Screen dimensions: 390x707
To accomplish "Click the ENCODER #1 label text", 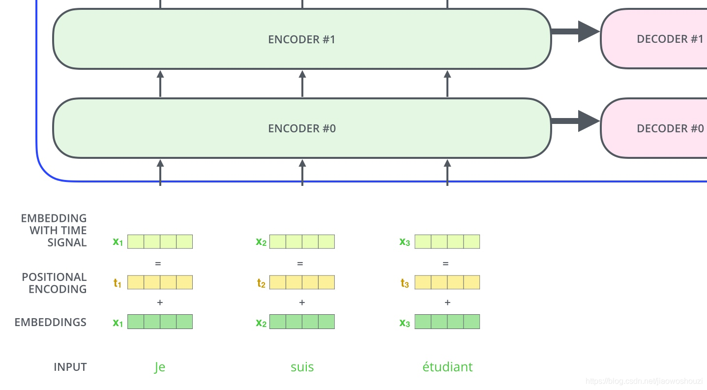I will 301,39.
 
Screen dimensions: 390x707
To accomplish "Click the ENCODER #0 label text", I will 301,129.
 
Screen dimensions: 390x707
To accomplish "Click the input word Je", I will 160,367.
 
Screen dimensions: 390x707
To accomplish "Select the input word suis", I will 302,367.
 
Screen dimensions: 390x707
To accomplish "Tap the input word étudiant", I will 447,367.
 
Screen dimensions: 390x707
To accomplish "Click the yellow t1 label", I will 118,283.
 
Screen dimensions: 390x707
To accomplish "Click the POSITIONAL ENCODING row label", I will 54,283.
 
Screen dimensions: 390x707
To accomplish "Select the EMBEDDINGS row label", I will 50,323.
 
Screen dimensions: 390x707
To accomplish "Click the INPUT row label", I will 70,367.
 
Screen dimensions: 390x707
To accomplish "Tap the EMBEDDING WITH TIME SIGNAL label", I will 54,230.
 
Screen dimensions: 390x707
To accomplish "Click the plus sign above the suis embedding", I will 302,302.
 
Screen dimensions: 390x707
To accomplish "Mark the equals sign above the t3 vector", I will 445,264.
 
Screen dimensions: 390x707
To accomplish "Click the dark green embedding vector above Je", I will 160,322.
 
